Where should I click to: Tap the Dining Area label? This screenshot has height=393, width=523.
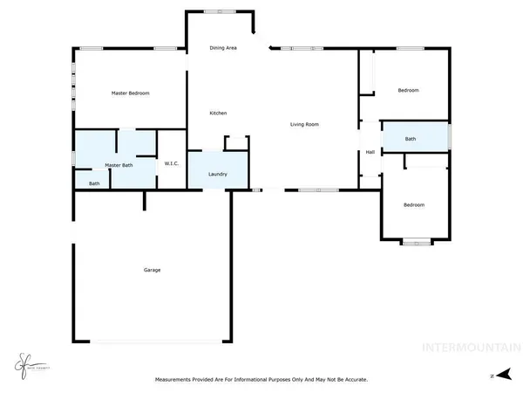coord(224,48)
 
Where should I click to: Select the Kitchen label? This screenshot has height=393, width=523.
coord(218,114)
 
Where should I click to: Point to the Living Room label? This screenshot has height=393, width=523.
coord(305,125)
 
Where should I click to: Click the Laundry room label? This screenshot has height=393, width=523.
coord(218,174)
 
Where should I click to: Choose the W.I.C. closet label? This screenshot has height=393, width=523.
coord(172,164)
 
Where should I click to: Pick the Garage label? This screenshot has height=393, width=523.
coord(152,270)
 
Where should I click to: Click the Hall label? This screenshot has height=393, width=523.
coord(370,152)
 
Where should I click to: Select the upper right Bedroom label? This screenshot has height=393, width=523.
coord(409,91)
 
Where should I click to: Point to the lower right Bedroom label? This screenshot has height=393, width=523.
coord(413,205)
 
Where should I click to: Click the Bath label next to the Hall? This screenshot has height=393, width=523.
coord(411,139)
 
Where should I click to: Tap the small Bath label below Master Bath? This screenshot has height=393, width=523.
coord(94,183)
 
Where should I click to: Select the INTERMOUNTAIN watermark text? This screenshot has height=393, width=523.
coord(472,346)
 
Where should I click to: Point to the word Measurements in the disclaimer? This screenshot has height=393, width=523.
coord(173,380)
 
